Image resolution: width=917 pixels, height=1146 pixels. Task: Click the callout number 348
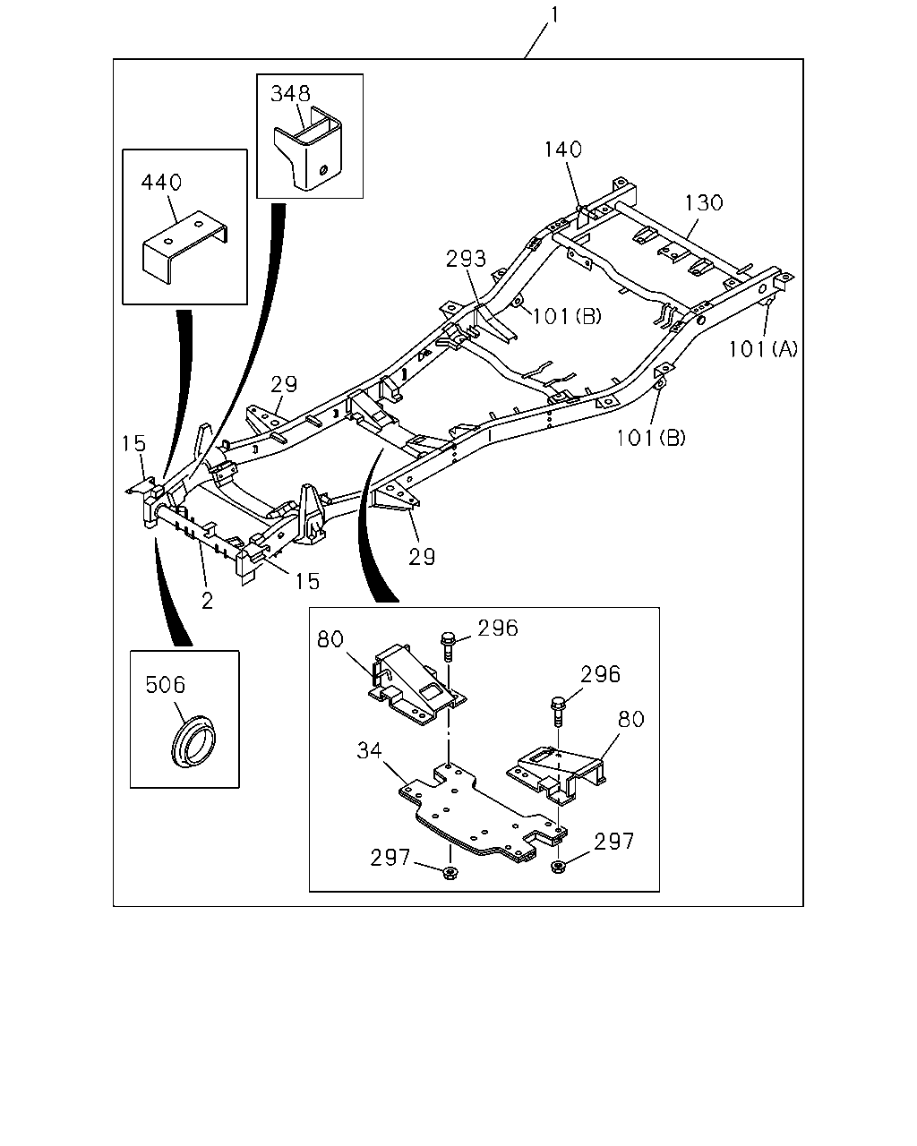tap(290, 94)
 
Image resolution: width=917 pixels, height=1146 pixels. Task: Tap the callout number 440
tap(161, 182)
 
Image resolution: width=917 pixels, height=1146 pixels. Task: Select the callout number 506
tap(166, 685)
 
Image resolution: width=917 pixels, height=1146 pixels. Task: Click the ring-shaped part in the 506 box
tap(193, 740)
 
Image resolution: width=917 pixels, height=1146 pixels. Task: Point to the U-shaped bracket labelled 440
tap(184, 248)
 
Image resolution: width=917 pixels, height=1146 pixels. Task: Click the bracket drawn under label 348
tap(309, 149)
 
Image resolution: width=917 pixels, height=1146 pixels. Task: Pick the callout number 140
tap(562, 150)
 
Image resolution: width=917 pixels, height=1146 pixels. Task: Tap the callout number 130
tap(704, 202)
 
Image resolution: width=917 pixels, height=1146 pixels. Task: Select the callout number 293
tap(467, 259)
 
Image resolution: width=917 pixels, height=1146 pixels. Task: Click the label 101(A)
tap(763, 349)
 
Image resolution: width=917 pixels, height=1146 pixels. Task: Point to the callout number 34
tap(369, 751)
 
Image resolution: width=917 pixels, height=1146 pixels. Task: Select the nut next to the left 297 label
tap(450, 873)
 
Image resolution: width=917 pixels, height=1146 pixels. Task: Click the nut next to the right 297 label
tap(559, 867)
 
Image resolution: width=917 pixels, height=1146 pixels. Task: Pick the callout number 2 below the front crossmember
tap(207, 601)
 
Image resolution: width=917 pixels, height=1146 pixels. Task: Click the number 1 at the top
tap(554, 15)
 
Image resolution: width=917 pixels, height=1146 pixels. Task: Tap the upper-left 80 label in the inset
tap(330, 639)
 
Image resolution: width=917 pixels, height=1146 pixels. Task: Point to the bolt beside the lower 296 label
tap(557, 712)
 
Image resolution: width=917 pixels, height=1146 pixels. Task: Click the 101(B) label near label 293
tap(567, 316)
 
